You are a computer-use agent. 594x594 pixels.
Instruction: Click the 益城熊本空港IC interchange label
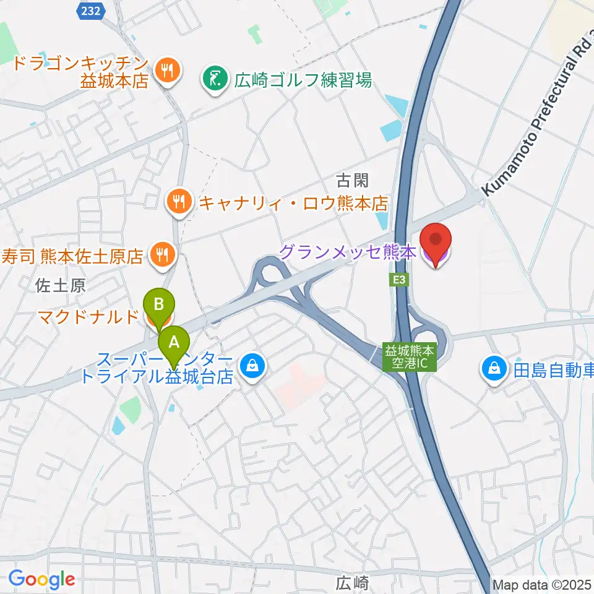pos(410,358)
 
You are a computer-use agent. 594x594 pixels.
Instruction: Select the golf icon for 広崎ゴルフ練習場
pos(215,80)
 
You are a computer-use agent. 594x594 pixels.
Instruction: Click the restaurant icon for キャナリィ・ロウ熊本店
pos(179,201)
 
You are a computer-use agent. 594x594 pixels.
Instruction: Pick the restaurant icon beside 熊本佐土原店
pos(161,254)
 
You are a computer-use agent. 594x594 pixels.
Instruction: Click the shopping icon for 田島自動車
pos(494,371)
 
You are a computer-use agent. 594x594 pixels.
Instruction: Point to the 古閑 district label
pos(352,181)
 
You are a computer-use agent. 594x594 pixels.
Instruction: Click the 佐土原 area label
pos(60,285)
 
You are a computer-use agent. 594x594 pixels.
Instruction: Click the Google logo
pos(41,579)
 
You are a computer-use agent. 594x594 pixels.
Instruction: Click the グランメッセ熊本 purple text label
pos(347,252)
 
